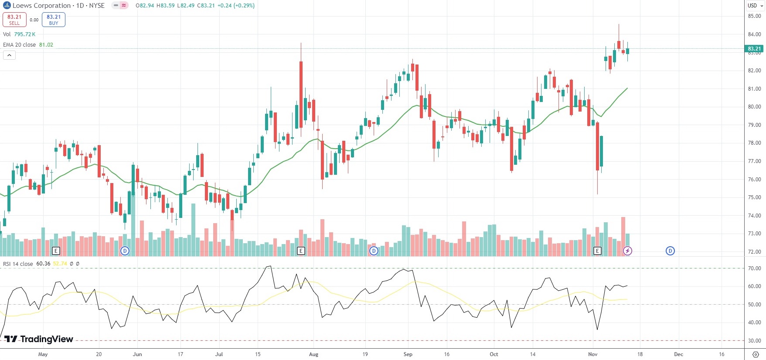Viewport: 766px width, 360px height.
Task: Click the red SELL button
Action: tap(14, 20)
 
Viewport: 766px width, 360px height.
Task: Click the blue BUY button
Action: tap(54, 20)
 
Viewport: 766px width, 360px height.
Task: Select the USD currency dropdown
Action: tap(755, 6)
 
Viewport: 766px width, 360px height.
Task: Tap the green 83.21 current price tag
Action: tap(754, 49)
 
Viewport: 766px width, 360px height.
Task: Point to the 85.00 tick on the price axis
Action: tap(754, 16)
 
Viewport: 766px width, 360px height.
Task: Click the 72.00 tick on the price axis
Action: tap(754, 252)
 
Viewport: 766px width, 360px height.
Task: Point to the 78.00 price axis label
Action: tap(754, 143)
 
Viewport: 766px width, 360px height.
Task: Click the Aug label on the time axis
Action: tap(313, 354)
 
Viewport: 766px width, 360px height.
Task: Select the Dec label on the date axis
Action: tap(678, 354)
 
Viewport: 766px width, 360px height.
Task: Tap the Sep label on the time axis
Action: tap(408, 354)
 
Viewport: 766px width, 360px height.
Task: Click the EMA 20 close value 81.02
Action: tap(46, 45)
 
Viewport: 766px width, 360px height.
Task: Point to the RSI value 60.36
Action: tap(43, 264)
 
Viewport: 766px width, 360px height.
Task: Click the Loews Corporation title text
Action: tap(41, 6)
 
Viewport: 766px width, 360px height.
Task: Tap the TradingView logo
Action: tap(39, 339)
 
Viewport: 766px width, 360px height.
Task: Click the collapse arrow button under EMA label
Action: tap(9, 55)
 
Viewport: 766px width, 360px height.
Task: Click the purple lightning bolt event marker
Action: tap(627, 251)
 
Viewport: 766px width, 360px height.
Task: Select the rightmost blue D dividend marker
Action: tap(670, 251)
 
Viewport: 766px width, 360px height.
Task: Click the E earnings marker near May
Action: tap(55, 251)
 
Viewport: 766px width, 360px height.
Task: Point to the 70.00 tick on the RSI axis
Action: tap(754, 268)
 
